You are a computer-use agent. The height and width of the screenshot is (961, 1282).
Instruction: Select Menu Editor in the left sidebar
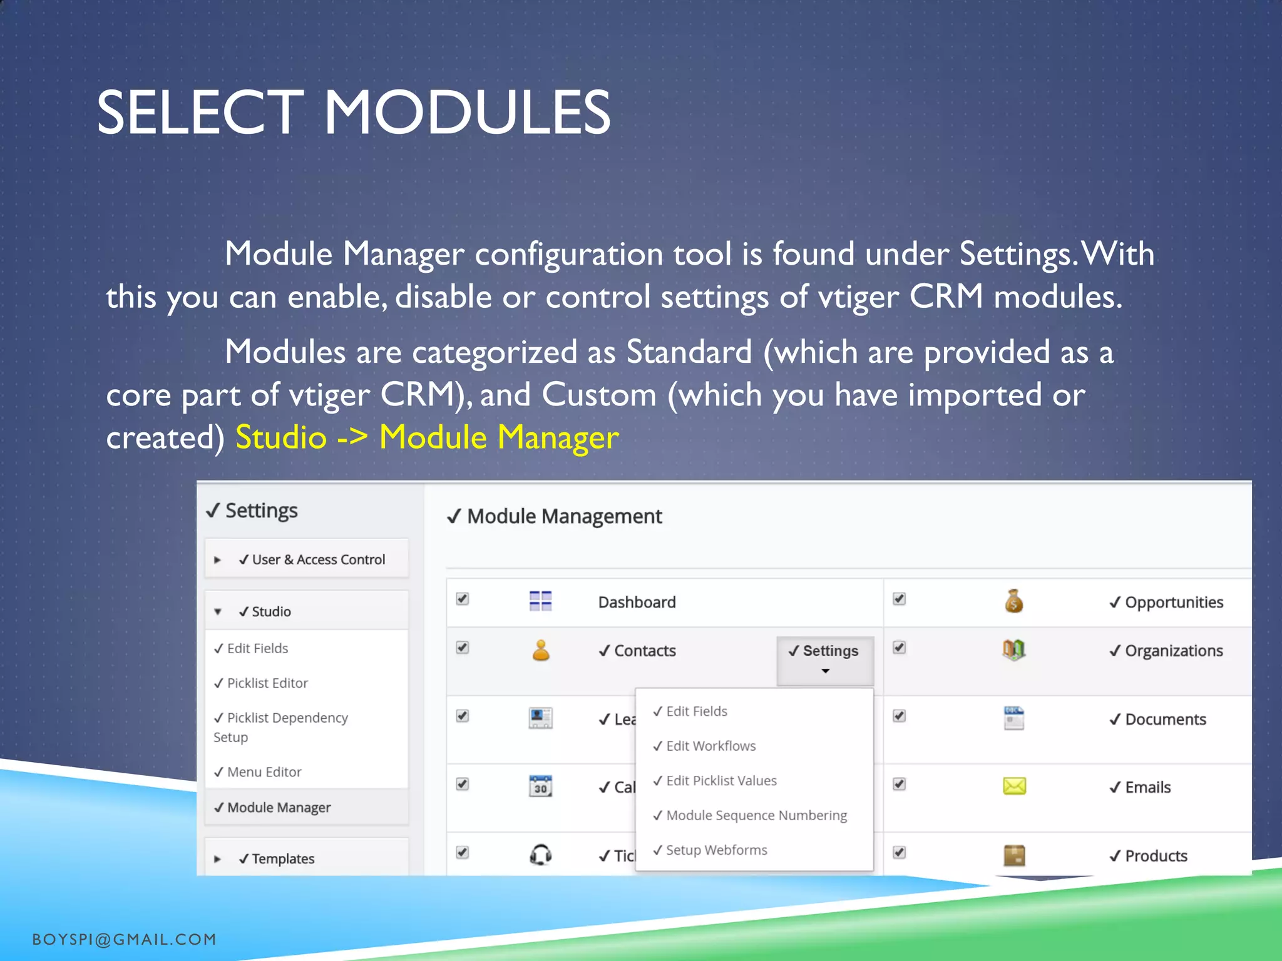pyautogui.click(x=264, y=772)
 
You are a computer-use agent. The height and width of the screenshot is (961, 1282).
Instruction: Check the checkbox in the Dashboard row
pyautogui.click(x=463, y=599)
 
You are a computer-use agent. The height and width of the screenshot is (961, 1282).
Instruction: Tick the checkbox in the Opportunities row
pyautogui.click(x=899, y=599)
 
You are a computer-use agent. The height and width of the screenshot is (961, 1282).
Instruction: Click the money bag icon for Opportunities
pyautogui.click(x=1013, y=601)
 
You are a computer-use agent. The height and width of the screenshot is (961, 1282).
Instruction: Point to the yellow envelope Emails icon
pyautogui.click(x=1014, y=786)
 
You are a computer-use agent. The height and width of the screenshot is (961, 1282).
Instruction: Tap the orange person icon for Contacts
pyautogui.click(x=541, y=650)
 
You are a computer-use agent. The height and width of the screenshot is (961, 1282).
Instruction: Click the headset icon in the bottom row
pyautogui.click(x=541, y=854)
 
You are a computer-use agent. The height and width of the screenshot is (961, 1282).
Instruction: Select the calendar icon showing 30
pyautogui.click(x=540, y=786)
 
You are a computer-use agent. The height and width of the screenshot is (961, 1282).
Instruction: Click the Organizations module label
pyautogui.click(x=1174, y=651)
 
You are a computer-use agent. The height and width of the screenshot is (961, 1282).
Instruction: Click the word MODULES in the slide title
pyautogui.click(x=466, y=113)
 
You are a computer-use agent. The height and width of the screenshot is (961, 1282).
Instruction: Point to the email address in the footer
pyautogui.click(x=124, y=939)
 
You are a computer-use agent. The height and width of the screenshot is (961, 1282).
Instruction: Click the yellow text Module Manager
pyautogui.click(x=499, y=437)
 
